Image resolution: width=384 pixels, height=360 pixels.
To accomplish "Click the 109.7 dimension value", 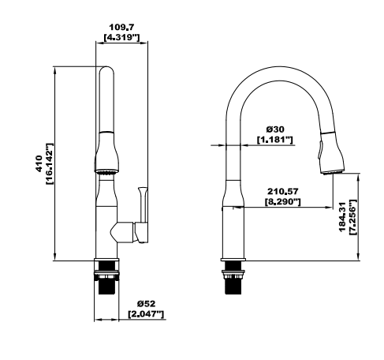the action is [x=121, y=27].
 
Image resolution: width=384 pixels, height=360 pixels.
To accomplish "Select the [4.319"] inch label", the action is [x=121, y=37].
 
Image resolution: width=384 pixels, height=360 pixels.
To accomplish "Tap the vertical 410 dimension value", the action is [x=39, y=163].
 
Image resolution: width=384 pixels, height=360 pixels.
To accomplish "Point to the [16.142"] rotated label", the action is [x=50, y=163].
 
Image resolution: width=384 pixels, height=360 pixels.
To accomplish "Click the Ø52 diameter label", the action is [x=146, y=304].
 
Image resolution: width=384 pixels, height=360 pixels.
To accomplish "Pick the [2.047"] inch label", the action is [x=146, y=314].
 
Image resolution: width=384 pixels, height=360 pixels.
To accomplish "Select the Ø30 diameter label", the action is [x=275, y=129].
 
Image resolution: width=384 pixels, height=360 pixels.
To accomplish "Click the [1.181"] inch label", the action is [x=275, y=140].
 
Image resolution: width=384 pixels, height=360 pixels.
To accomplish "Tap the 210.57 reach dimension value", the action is [x=283, y=191].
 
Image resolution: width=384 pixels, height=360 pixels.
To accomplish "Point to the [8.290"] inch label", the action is [x=283, y=202].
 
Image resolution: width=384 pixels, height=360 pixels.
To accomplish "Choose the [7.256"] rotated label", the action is [x=352, y=217].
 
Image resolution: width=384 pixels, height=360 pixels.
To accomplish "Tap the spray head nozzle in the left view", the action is [x=106, y=172].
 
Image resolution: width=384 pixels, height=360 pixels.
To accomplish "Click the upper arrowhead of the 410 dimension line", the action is [x=54, y=69].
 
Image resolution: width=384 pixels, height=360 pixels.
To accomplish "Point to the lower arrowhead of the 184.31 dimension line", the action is [x=359, y=257].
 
